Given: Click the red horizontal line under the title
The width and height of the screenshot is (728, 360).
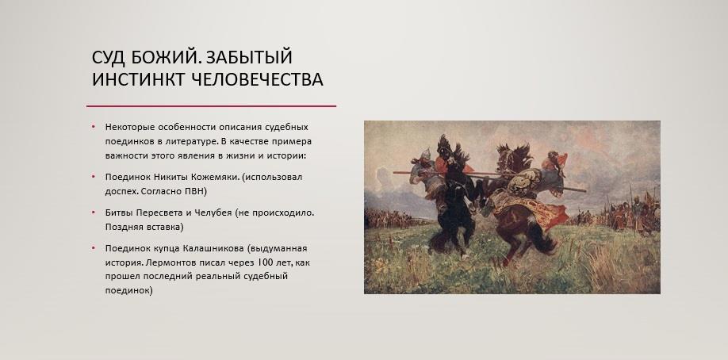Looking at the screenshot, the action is [x=211, y=106].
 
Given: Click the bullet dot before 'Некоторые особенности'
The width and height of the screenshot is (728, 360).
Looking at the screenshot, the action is [x=94, y=127].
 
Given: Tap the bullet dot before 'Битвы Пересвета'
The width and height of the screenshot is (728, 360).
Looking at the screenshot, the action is [x=94, y=213].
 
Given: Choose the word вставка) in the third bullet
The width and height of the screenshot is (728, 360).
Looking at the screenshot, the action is [x=167, y=227].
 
